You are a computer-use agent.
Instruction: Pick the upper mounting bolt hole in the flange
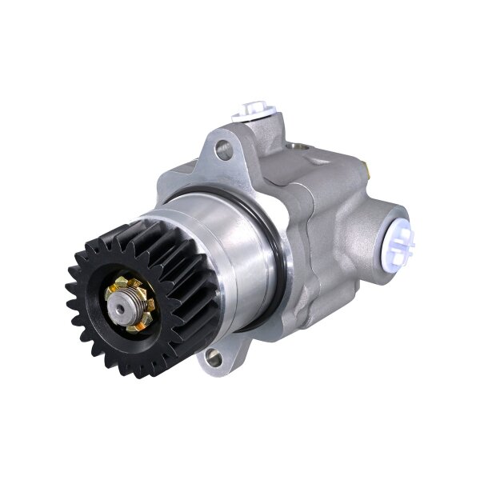click(x=224, y=148)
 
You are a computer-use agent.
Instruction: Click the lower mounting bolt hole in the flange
click(x=214, y=358)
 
